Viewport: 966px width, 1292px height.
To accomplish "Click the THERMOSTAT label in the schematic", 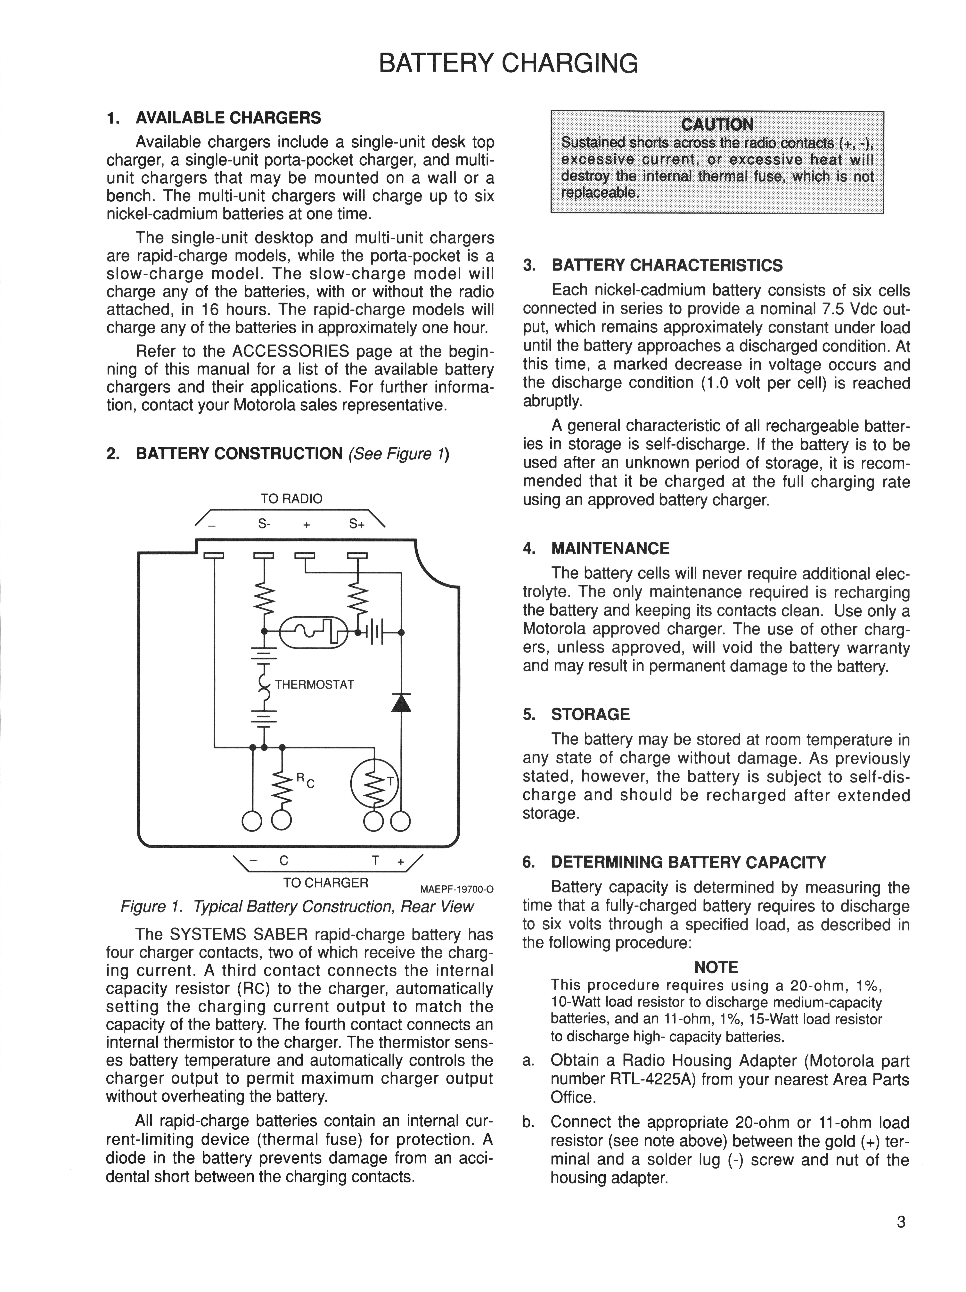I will point(314,684).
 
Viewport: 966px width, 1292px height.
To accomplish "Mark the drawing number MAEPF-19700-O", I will point(456,890).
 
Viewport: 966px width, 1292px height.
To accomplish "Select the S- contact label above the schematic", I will point(264,524).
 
